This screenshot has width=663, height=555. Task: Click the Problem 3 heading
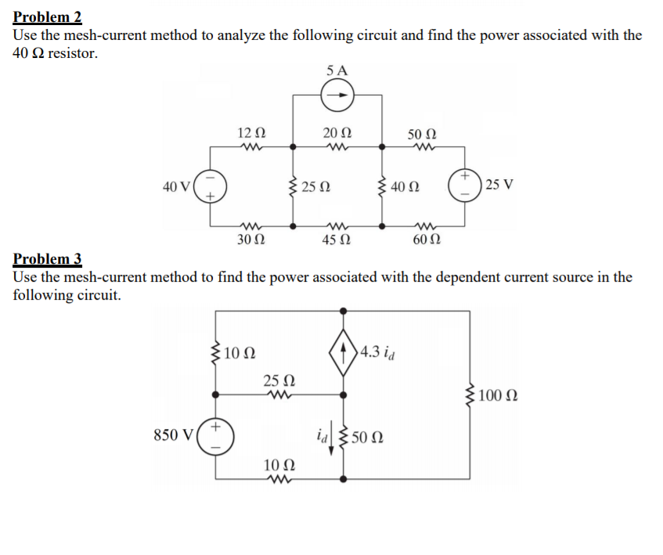(48, 259)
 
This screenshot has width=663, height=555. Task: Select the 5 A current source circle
(338, 96)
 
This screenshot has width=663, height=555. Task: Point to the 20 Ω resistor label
(338, 133)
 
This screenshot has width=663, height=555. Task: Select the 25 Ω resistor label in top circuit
(316, 187)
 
